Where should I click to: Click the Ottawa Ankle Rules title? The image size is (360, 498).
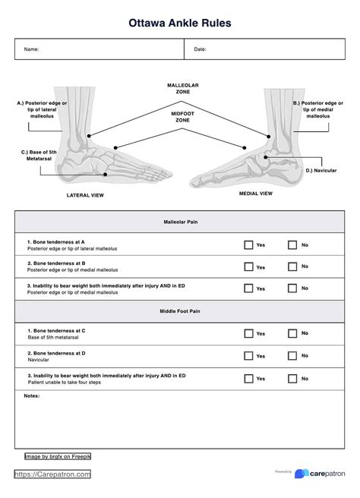pyautogui.click(x=180, y=24)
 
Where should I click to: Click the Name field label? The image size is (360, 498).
pyautogui.click(x=32, y=49)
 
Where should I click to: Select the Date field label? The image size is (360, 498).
pyautogui.click(x=200, y=49)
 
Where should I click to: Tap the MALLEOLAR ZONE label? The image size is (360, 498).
pyautogui.click(x=182, y=88)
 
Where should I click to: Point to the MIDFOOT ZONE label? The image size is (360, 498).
pyautogui.click(x=182, y=116)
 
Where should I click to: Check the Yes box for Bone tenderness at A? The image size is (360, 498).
pyautogui.click(x=248, y=245)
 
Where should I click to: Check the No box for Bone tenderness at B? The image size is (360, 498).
pyautogui.click(x=292, y=266)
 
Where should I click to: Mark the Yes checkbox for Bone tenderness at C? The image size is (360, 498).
pyautogui.click(x=248, y=333)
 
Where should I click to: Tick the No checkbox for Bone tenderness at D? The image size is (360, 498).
pyautogui.click(x=292, y=355)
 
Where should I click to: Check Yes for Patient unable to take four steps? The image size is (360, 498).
pyautogui.click(x=248, y=378)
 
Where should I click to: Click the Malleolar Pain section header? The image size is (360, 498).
pyautogui.click(x=180, y=222)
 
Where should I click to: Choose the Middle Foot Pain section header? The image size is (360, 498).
pyautogui.click(x=180, y=310)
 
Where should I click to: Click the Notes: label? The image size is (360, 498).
pyautogui.click(x=32, y=396)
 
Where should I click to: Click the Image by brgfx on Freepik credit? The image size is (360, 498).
pyautogui.click(x=58, y=456)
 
